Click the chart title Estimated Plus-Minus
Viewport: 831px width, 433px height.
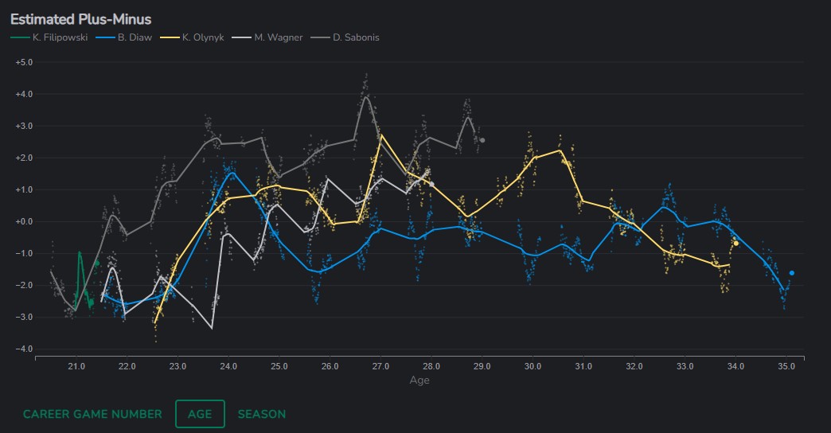(x=80, y=19)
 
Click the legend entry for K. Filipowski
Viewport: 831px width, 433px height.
(x=54, y=37)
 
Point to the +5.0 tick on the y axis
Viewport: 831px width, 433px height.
(x=24, y=62)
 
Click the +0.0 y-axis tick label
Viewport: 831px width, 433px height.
(x=24, y=221)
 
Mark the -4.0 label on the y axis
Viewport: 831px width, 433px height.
(x=24, y=349)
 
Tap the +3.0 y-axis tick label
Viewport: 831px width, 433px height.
(x=24, y=126)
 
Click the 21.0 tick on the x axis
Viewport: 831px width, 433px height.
(x=76, y=367)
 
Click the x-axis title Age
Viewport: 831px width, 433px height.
(x=419, y=380)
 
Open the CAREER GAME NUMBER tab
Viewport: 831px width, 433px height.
(x=92, y=414)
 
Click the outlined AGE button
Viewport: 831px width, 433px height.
(x=200, y=414)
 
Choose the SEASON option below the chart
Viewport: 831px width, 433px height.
(x=262, y=414)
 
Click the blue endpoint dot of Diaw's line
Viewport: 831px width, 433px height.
(x=792, y=273)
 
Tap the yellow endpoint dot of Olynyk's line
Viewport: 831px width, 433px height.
(x=736, y=243)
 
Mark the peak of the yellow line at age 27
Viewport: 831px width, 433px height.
(x=381, y=135)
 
